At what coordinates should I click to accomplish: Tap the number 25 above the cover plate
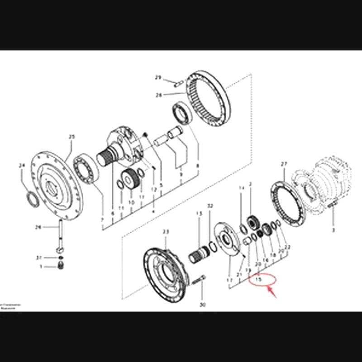tap(71, 136)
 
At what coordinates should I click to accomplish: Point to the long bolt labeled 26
tap(59, 235)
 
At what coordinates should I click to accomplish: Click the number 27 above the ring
tap(284, 164)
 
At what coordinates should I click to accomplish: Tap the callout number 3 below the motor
tap(333, 230)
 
